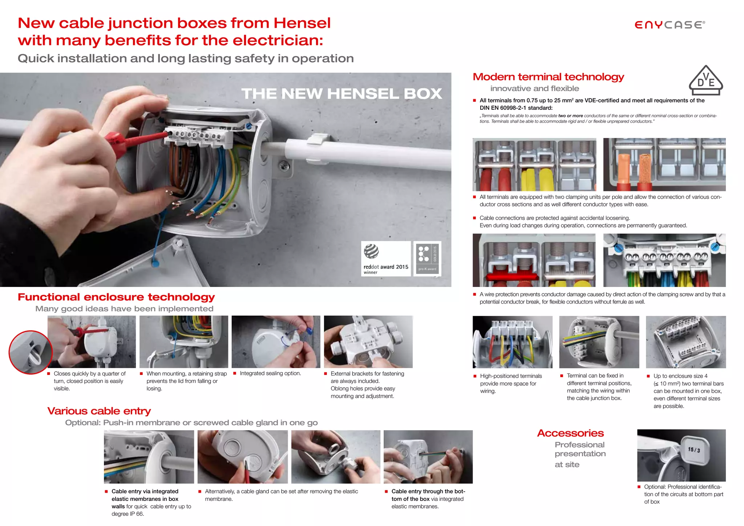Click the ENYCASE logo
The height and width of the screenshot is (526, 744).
[x=670, y=25]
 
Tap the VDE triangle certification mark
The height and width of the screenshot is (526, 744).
[x=705, y=81]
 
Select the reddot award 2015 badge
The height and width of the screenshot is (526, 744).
[x=385, y=259]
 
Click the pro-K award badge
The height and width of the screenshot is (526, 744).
[x=427, y=259]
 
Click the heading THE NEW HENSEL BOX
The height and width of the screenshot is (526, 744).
[x=341, y=94]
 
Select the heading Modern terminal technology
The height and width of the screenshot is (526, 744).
[x=548, y=77]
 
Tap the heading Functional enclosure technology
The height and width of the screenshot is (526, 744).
[x=116, y=297]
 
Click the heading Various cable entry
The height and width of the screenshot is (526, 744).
[x=99, y=411]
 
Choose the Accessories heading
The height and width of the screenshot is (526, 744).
[x=570, y=433]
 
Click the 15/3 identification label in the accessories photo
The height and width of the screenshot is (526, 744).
[x=694, y=450]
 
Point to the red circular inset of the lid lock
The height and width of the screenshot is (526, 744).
[x=31, y=352]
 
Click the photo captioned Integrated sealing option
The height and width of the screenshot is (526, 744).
[x=276, y=341]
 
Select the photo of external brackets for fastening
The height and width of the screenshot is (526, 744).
[x=368, y=341]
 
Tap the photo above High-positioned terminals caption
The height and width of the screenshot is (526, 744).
[x=512, y=342]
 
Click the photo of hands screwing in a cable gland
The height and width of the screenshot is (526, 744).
[x=335, y=457]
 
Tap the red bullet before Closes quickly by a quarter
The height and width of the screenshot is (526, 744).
[x=49, y=373]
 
